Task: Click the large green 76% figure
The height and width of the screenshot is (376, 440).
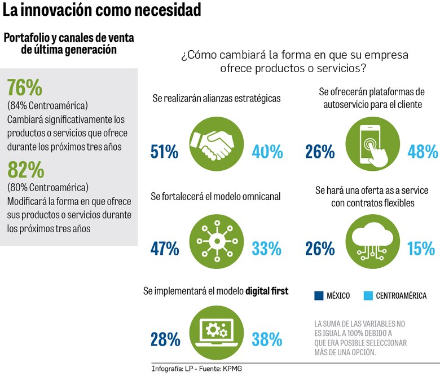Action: (x=25, y=88)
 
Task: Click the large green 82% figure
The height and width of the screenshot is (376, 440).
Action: (x=25, y=169)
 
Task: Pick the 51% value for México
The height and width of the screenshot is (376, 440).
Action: (x=165, y=152)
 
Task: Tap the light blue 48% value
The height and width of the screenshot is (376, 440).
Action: (x=423, y=152)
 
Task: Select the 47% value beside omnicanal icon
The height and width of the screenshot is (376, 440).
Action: (x=165, y=248)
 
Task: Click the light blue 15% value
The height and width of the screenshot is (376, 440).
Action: (x=421, y=248)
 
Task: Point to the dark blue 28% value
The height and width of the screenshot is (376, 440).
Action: (x=165, y=339)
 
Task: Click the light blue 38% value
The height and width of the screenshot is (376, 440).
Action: (x=267, y=339)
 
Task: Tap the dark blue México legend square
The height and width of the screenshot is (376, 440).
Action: (x=319, y=295)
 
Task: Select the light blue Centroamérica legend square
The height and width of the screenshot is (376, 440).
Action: (x=368, y=295)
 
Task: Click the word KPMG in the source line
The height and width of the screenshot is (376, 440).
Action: (x=236, y=369)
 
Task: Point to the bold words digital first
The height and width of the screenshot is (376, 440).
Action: (x=267, y=291)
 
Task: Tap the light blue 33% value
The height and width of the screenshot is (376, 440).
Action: (x=267, y=248)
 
